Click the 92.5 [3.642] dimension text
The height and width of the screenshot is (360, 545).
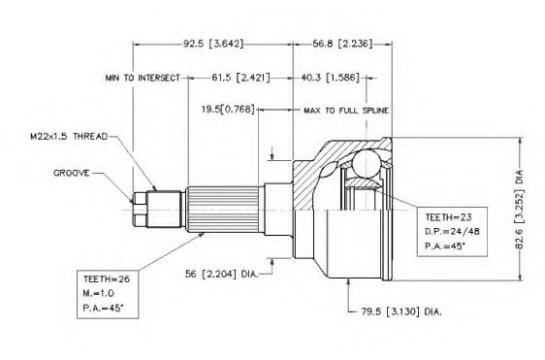(x=213, y=44)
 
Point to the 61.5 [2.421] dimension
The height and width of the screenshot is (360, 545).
(x=240, y=78)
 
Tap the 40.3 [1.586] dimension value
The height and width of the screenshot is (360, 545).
(x=330, y=78)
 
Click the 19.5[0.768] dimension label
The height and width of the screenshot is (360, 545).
(x=228, y=110)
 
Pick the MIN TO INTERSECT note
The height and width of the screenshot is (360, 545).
(x=143, y=78)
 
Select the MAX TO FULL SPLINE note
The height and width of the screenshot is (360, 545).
(x=346, y=111)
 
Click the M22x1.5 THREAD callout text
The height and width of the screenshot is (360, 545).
(x=69, y=137)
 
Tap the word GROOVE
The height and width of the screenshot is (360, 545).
(x=71, y=173)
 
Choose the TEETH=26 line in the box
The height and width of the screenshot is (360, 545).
(x=107, y=278)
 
